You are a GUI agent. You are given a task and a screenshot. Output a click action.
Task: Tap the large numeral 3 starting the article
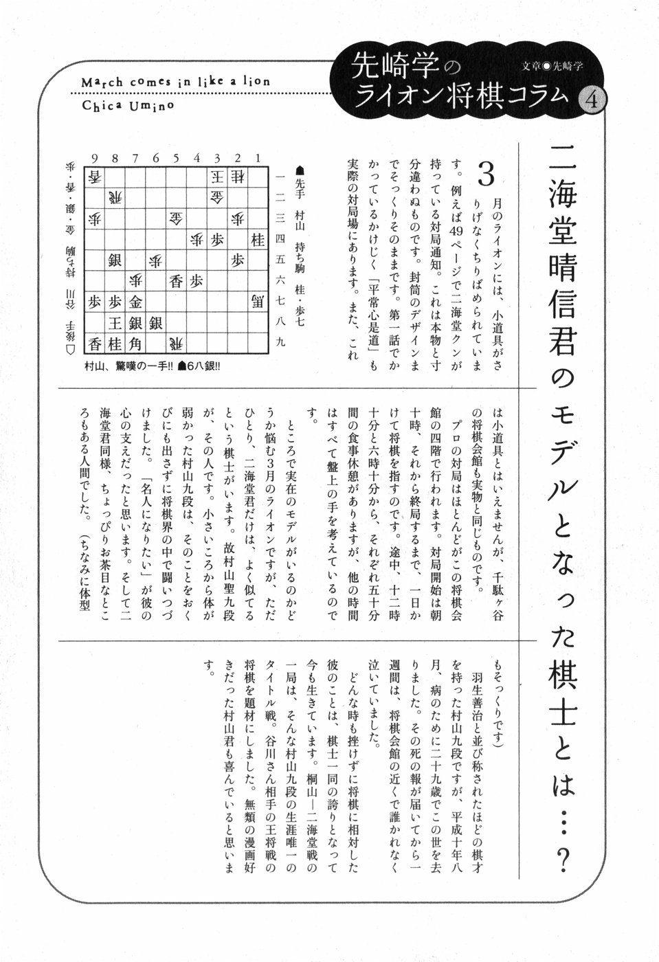486,176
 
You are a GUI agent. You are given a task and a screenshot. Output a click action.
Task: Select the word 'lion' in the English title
256,82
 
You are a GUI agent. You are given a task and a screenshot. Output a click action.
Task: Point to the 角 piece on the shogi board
135,344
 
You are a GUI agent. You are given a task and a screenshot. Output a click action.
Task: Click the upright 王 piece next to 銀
114,323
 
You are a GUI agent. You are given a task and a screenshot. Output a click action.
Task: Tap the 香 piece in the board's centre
176,281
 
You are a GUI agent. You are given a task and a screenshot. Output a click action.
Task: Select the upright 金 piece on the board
135,302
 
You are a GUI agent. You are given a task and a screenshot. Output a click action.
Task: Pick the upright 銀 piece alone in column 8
114,260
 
